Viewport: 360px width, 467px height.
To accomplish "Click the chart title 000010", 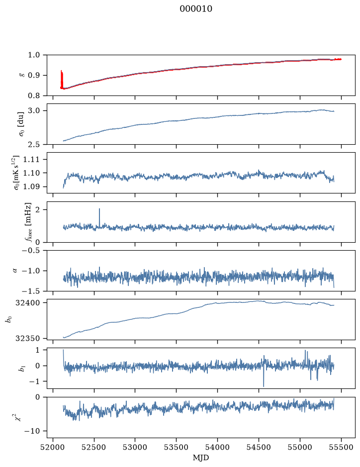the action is pyautogui.click(x=196, y=9).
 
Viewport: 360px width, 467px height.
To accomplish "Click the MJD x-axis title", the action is pyautogui.click(x=201, y=458).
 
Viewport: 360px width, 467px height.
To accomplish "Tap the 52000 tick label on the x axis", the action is pyautogui.click(x=53, y=447).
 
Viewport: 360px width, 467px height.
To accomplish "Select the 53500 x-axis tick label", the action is pyautogui.click(x=177, y=447).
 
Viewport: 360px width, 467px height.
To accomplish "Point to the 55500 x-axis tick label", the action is pyautogui.click(x=341, y=447).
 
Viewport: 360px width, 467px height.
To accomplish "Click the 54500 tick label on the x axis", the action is pyautogui.click(x=259, y=447).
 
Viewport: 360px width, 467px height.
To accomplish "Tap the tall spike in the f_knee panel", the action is pyautogui.click(x=99, y=217).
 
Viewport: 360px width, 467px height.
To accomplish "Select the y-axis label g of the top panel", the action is pyautogui.click(x=21, y=75).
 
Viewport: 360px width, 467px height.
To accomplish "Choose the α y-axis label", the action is pyautogui.click(x=15, y=271).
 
